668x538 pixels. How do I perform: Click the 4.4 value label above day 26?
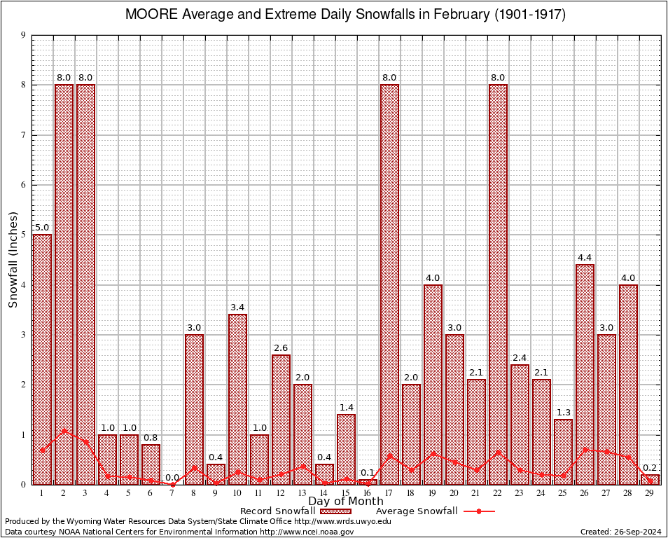(585, 258)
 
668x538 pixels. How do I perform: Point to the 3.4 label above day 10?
(237, 308)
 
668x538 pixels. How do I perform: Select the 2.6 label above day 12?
(281, 348)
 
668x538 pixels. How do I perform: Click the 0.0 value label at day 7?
(172, 478)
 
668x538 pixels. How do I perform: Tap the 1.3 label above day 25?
(564, 413)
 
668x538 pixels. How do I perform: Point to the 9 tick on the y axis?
(23, 35)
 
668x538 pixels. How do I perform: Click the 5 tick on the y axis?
(23, 235)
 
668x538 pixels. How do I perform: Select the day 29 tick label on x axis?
(650, 493)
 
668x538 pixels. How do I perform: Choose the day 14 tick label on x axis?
(324, 493)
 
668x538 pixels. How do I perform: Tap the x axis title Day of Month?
(345, 502)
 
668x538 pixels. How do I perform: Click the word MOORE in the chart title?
(148, 15)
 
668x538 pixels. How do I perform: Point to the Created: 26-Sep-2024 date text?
(620, 532)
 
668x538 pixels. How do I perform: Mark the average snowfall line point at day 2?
(64, 431)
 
